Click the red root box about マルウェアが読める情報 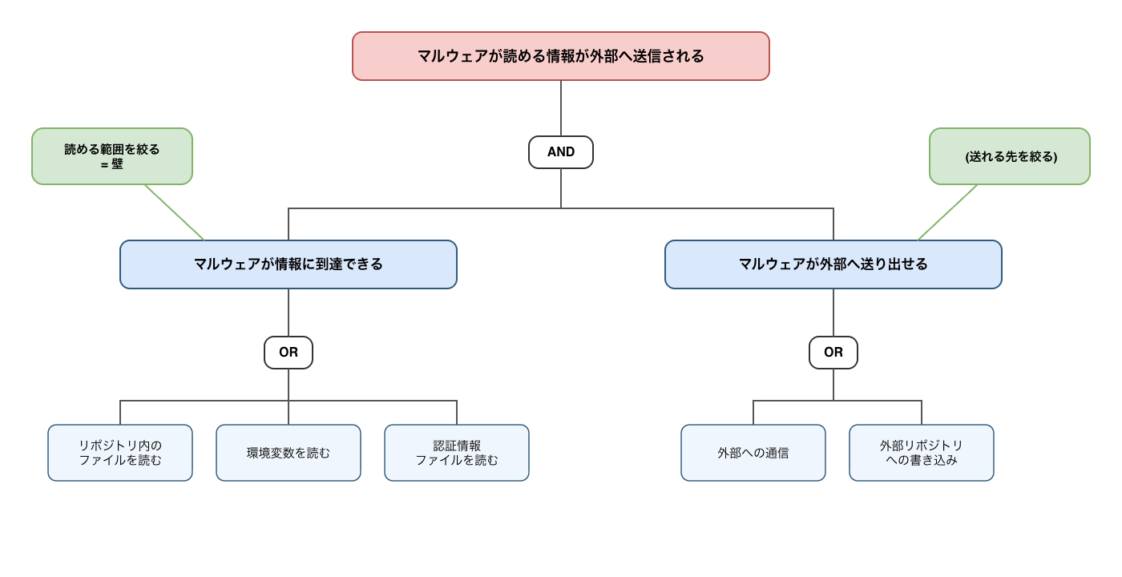point(560,56)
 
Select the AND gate point(560,152)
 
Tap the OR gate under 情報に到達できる point(289,353)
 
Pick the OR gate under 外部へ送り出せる point(833,353)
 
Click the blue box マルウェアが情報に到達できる point(289,264)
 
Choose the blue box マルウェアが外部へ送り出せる point(833,264)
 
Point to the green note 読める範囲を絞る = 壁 point(112,156)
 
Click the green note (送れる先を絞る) point(1009,156)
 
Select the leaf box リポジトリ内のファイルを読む point(120,453)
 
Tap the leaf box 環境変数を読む point(289,453)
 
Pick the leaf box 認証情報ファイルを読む point(457,453)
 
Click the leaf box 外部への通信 point(753,453)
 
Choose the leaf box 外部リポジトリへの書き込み point(921,453)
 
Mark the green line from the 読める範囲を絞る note point(175,212)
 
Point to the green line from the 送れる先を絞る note point(947,212)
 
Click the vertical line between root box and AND point(560,108)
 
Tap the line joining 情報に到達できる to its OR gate point(289,313)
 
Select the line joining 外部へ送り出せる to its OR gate point(833,313)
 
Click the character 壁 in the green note point(117,164)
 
